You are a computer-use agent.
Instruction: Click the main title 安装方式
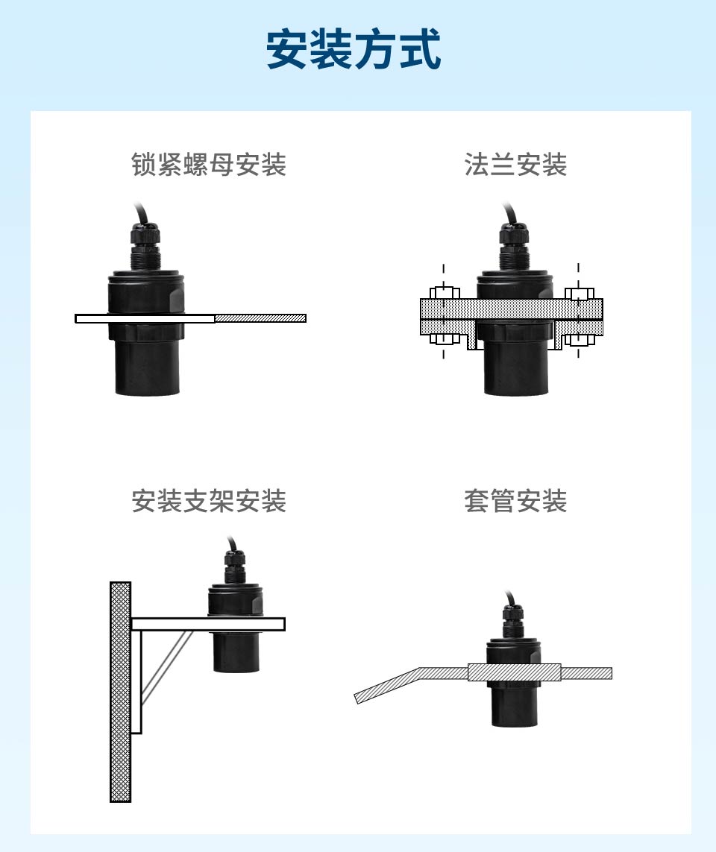tap(354, 49)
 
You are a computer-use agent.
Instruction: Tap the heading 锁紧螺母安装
tap(209, 164)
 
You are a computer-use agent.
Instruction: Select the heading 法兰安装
tap(515, 164)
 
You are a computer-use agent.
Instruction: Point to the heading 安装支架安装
tap(209, 500)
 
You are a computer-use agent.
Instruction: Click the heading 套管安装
tap(515, 500)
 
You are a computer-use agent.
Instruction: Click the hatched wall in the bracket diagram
tap(120, 692)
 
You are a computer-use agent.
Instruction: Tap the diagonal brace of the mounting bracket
tap(166, 667)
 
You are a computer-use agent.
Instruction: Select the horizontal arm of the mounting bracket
tap(207, 624)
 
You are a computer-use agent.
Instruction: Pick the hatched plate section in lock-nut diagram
tap(260, 318)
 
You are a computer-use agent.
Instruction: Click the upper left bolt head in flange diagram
tap(445, 293)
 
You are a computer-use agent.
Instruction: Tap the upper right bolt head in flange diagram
tap(579, 293)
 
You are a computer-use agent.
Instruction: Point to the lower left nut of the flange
tap(445, 340)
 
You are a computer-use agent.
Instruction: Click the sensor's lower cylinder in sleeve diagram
tap(515, 704)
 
